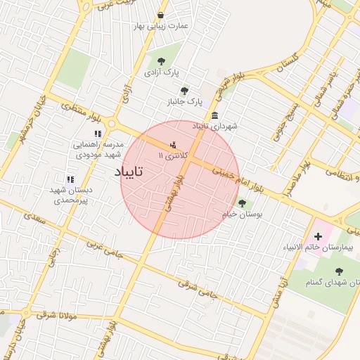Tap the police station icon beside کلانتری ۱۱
174,146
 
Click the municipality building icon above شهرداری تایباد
214,115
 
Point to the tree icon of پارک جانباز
184,91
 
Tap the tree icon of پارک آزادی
162,61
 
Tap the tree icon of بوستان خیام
242,204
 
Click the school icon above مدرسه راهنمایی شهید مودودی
98,134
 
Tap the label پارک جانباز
184,103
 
